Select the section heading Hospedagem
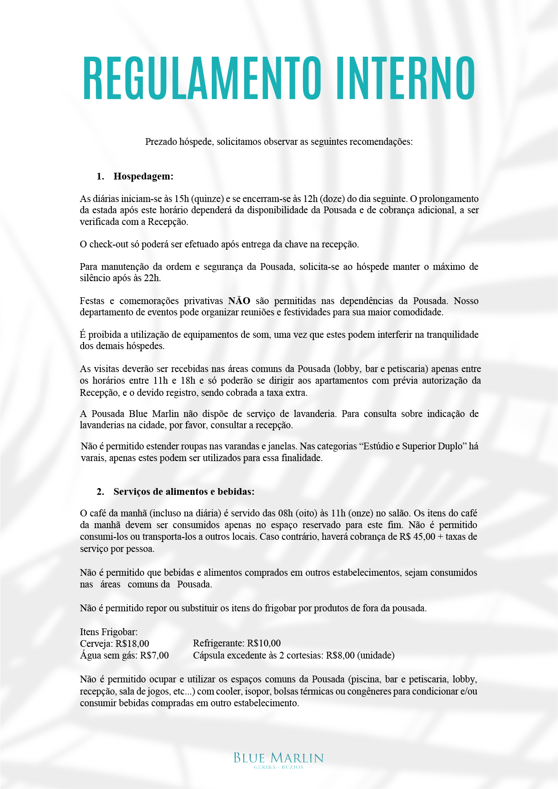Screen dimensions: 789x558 pyautogui.click(x=143, y=176)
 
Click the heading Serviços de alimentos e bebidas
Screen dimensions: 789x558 pyautogui.click(x=184, y=492)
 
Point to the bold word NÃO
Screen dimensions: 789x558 pyautogui.click(x=239, y=301)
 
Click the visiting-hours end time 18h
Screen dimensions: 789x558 pyautogui.click(x=187, y=381)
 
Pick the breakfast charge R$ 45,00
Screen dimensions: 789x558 pyautogui.click(x=417, y=537)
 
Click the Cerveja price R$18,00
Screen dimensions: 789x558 pyautogui.click(x=132, y=644)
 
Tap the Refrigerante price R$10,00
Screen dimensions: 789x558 pyautogui.click(x=264, y=644)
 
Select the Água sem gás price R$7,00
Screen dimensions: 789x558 pyautogui.click(x=154, y=655)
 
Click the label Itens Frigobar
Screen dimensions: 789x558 pyautogui.click(x=109, y=632)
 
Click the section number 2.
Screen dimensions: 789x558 pyautogui.click(x=100, y=492)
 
